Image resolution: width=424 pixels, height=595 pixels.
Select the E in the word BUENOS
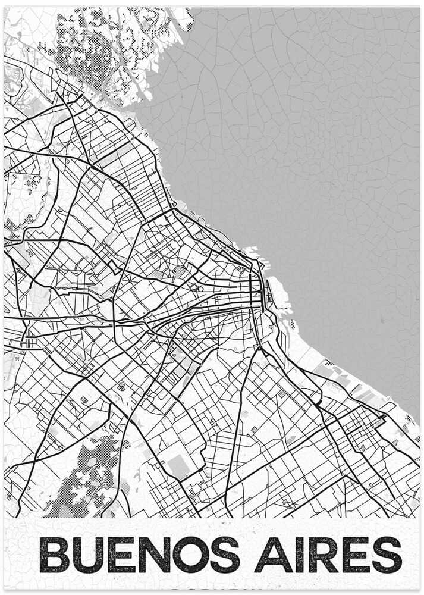tap(119, 555)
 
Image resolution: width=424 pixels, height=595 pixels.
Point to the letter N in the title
tap(152, 555)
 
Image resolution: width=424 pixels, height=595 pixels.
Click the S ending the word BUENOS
tap(224, 555)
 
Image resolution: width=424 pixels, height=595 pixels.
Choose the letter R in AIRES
tap(324, 555)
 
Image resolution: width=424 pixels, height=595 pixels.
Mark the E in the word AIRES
tap(356, 555)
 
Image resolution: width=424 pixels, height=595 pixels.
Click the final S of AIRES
tap(387, 555)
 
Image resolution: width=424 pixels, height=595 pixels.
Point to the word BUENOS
tap(139, 555)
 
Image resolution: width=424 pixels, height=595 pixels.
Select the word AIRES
tap(331, 555)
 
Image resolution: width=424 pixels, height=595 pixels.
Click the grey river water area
tap(309, 149)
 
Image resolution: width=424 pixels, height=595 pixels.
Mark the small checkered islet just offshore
tap(293, 324)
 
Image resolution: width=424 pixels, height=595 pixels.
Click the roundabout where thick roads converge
tap(259, 347)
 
